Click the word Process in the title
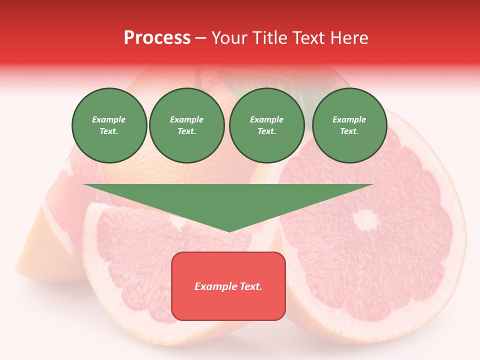(x=157, y=38)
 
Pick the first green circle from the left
(x=109, y=125)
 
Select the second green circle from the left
(x=187, y=125)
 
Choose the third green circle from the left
(x=267, y=125)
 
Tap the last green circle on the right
(x=349, y=125)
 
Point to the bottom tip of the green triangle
(x=229, y=230)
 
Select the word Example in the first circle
(x=109, y=119)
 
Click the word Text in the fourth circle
(x=349, y=131)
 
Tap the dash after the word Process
(x=201, y=38)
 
